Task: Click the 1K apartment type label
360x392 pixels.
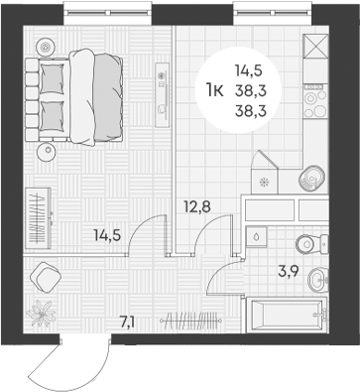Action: (213, 90)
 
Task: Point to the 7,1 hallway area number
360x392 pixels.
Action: (127, 320)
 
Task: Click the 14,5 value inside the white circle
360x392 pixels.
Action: (249, 70)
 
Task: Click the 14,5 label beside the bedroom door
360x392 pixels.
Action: (107, 235)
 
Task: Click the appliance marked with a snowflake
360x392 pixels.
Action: (264, 181)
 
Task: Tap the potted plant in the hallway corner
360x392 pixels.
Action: (42, 312)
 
